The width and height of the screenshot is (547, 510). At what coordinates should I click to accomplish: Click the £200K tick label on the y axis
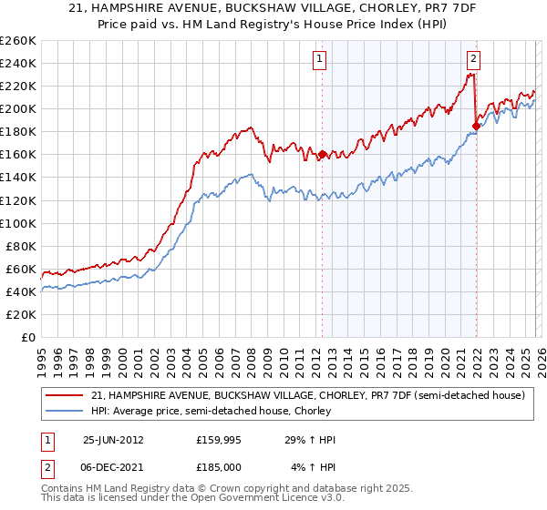[17, 108]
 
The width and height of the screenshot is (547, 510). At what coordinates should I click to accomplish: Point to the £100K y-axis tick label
[17, 223]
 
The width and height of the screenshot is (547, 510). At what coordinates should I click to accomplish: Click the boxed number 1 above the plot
[321, 61]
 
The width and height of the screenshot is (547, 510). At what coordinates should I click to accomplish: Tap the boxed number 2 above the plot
[474, 61]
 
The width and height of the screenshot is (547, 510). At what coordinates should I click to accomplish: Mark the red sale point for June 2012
[322, 155]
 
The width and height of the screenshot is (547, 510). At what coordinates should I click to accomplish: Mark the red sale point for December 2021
[475, 126]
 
